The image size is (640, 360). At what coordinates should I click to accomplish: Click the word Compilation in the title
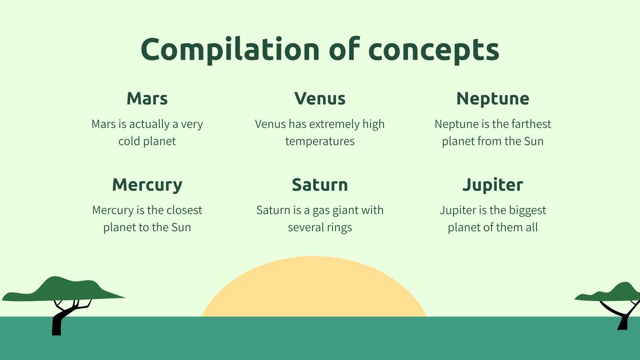coord(230,50)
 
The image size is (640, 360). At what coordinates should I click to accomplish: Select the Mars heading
coord(147,98)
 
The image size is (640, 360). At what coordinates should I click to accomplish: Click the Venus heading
coord(320,98)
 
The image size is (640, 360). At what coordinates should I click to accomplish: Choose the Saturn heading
coord(320,185)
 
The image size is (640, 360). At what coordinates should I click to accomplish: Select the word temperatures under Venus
coord(320,142)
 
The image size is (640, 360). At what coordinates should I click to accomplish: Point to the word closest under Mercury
coord(184,210)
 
